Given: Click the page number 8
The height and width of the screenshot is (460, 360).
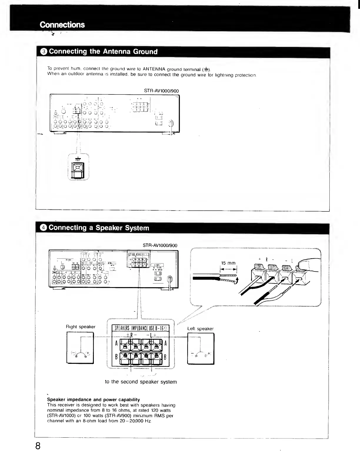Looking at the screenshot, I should point(38,446).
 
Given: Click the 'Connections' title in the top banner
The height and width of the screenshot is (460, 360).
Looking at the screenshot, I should point(62,25).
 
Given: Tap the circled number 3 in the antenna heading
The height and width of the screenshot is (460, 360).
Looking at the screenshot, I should point(44,52).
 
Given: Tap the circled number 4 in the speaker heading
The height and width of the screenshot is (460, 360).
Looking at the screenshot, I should point(44,228).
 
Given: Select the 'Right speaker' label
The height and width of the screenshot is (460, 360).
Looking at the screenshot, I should point(81,327).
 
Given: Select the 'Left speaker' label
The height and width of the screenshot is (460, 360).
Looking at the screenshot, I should point(200,329).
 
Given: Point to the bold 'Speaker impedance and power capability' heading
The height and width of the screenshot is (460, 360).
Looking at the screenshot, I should point(94,400).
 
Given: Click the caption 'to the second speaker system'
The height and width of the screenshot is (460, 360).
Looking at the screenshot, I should point(141,382).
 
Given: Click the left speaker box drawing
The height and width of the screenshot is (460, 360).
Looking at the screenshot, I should point(201,349).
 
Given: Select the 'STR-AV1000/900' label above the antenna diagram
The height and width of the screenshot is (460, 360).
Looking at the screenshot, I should point(161,91).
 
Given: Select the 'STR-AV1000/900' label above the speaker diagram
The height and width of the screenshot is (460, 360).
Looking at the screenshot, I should point(160,245).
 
